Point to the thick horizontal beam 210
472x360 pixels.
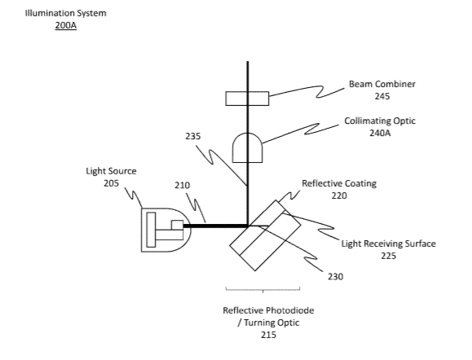coord(215,226)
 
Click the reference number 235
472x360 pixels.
coord(192,137)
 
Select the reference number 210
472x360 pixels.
coord(182,185)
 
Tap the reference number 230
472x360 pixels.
coord(335,276)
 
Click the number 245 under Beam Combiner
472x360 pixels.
coord(382,96)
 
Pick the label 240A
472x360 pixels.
coord(380,133)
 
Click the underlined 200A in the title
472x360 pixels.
coord(65,25)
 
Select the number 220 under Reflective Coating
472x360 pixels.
coord(339,195)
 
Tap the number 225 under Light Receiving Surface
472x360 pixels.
coord(388,256)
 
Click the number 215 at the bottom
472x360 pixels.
coord(268,335)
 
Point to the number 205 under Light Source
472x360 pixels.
coord(111,183)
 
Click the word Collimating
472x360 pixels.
coord(364,121)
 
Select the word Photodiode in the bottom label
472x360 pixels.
coord(291,310)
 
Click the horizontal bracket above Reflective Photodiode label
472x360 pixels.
coord(262,290)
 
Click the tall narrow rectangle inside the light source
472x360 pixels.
coord(151,230)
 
